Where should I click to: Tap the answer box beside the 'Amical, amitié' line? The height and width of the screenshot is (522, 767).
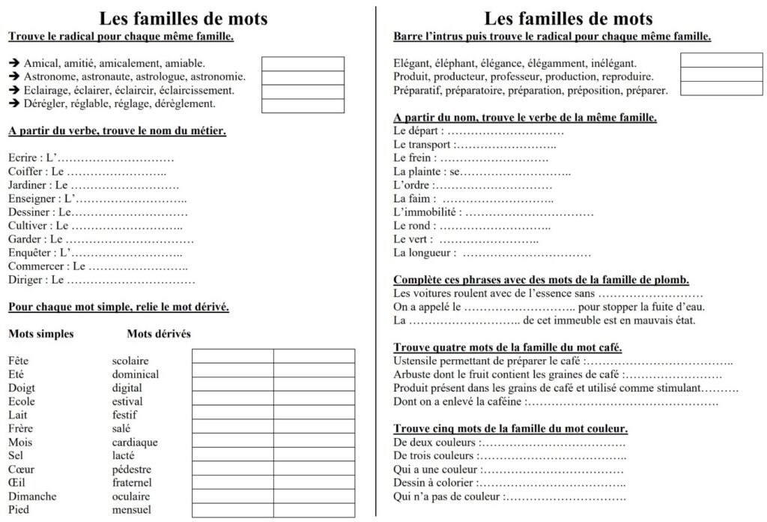pyautogui.click(x=303, y=64)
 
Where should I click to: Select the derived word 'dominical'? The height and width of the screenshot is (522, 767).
pyautogui.click(x=136, y=374)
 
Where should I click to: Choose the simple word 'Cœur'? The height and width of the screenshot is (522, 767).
pyautogui.click(x=22, y=469)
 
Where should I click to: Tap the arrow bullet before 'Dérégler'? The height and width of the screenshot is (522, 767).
pyautogui.click(x=14, y=103)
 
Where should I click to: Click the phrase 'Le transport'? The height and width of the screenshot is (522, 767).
pyautogui.click(x=422, y=144)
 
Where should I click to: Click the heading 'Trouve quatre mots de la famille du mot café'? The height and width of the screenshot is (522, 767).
pyautogui.click(x=508, y=347)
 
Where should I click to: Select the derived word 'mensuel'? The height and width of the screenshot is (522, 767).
pyautogui.click(x=131, y=509)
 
